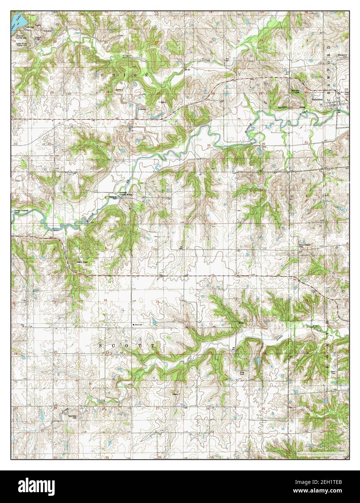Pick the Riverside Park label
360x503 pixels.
pos(115,198)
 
